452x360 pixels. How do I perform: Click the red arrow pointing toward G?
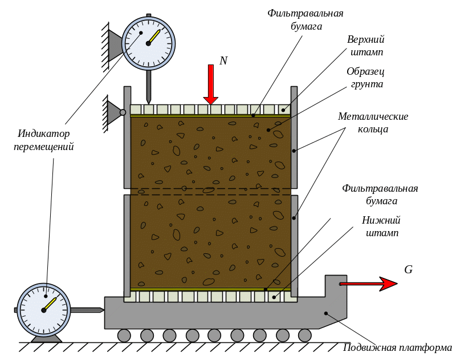tap(368, 283)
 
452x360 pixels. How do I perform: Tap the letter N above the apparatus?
tap(223, 60)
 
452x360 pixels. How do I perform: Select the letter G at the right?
tap(408, 270)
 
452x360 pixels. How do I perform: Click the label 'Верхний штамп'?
tap(366, 46)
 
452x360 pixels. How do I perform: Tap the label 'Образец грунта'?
tap(365, 78)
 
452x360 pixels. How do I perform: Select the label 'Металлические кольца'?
tap(373, 123)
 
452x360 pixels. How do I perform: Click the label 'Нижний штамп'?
tap(381, 226)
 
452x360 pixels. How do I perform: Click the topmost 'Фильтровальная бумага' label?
tap(306, 19)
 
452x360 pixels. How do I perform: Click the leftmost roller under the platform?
tap(124, 335)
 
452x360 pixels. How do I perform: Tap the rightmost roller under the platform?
tap(305, 335)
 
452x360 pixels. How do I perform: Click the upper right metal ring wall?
tap(294, 137)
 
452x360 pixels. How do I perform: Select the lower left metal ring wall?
tap(127, 245)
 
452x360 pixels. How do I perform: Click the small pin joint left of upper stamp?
tap(123, 112)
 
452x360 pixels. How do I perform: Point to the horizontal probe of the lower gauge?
tap(87, 310)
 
